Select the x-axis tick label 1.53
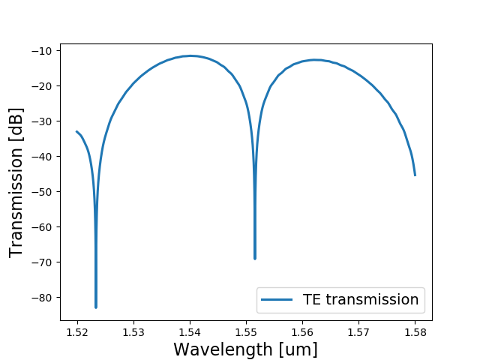coord(133,331)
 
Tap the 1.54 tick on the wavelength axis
coord(190,331)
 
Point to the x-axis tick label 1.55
coord(246,331)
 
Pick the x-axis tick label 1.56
coord(302,331)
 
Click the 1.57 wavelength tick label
coord(358,331)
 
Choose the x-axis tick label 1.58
coord(415,331)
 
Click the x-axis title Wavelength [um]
coord(245,349)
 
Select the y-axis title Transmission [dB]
coord(16,182)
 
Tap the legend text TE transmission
coord(361,300)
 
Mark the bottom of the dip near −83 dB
coord(96,307)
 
